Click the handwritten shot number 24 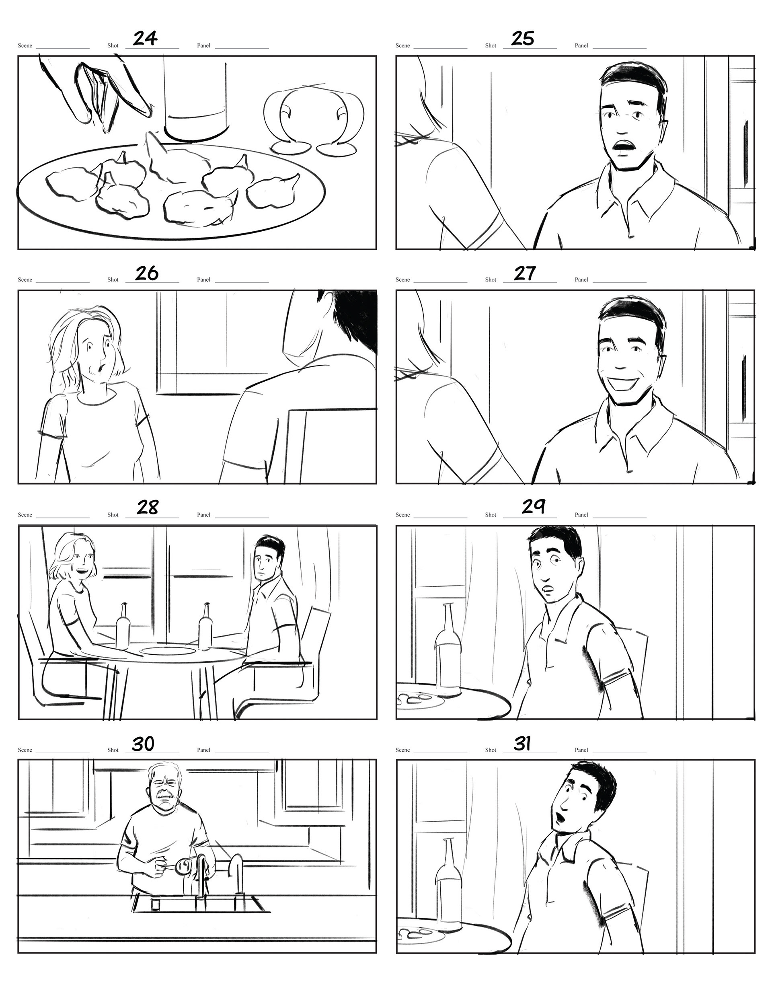[145, 38]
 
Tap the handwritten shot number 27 [524, 273]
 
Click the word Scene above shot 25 [402, 46]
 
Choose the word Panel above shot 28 [203, 515]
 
